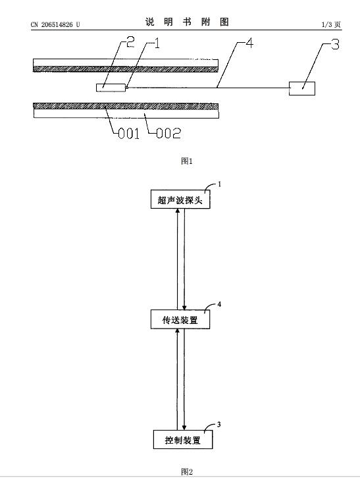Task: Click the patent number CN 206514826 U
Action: [55, 25]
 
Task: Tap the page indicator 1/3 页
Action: [331, 25]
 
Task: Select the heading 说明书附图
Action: [187, 22]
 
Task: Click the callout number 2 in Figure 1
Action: [130, 41]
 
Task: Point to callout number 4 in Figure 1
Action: [249, 43]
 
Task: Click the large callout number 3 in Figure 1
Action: [335, 45]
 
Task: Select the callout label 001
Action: [128, 134]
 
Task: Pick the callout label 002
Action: [168, 133]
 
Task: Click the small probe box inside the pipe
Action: [111, 88]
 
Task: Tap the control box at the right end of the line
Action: [302, 88]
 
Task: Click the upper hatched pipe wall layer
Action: [126, 69]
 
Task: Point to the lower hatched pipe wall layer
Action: [126, 106]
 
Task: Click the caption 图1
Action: [186, 161]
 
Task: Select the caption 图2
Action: [186, 471]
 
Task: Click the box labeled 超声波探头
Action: [180, 199]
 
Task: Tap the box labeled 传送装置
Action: [180, 319]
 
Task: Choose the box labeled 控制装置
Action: [183, 440]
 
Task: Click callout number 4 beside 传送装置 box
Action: [219, 304]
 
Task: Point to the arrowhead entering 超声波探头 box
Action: [178, 211]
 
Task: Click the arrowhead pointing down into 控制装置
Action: [184, 428]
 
